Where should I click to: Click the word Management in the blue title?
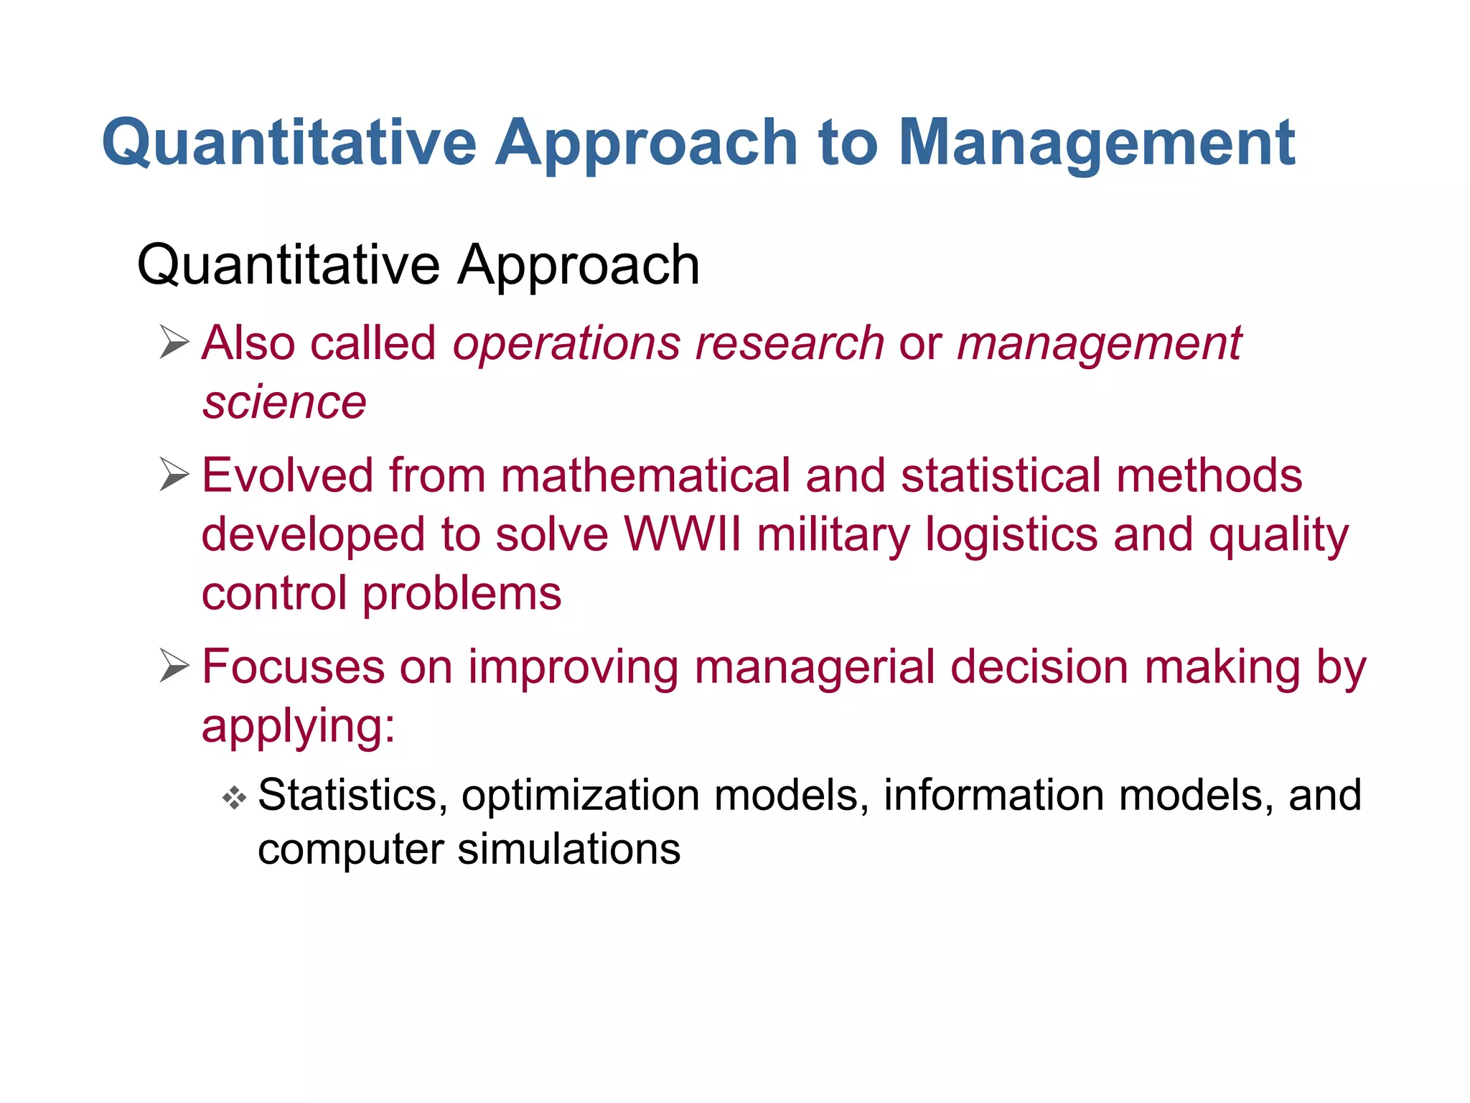(x=1096, y=144)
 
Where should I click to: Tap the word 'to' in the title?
(x=847, y=144)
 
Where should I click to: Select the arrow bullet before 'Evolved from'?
(x=174, y=475)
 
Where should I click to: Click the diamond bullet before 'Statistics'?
(x=234, y=797)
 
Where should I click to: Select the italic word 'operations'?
(x=566, y=343)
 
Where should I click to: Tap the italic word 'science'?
(x=284, y=402)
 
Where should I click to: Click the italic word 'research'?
(x=790, y=343)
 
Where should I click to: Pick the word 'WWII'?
(x=682, y=534)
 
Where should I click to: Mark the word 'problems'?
(x=462, y=595)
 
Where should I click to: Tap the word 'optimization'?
(x=580, y=796)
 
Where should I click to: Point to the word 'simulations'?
(x=568, y=850)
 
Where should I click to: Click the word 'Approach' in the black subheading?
(x=578, y=266)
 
